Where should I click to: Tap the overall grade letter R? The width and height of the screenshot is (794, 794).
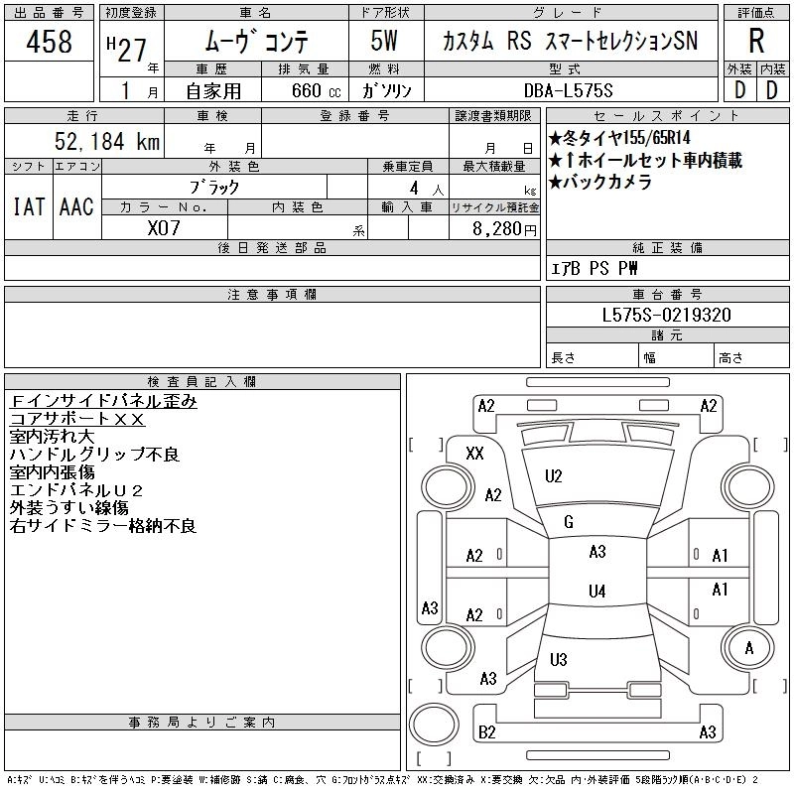click(756, 42)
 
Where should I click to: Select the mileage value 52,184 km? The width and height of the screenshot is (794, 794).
click(103, 142)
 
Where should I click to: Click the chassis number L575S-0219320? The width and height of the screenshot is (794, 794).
click(667, 315)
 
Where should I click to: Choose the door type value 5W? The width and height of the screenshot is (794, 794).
click(387, 42)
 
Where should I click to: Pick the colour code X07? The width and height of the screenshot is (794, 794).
click(164, 228)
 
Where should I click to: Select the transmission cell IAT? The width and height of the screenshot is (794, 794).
click(28, 206)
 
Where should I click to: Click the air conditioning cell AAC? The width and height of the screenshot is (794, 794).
click(76, 206)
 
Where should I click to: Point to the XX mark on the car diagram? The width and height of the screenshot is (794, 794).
click(474, 454)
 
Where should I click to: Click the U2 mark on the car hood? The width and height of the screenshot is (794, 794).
click(554, 476)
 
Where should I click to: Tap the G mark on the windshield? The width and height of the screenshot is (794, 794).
click(569, 522)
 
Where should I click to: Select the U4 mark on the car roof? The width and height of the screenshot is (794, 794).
click(596, 592)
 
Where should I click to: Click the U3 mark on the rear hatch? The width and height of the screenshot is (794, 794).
click(558, 659)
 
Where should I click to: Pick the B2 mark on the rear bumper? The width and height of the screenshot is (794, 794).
click(487, 732)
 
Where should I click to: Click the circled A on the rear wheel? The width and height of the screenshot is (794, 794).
click(749, 647)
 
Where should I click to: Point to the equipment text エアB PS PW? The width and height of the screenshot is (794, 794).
click(595, 268)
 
